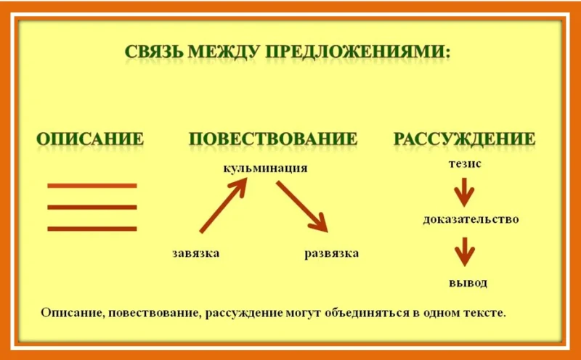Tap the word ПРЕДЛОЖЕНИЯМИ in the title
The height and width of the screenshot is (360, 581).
tap(358, 52)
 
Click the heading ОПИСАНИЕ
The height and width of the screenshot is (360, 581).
tap(90, 139)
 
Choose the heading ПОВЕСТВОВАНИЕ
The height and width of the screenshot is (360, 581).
tap(273, 139)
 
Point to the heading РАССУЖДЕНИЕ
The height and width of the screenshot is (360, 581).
tap(464, 139)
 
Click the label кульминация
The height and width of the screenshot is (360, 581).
tap(265, 168)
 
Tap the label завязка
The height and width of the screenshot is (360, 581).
tap(195, 253)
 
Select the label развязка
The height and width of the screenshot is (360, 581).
tap(332, 254)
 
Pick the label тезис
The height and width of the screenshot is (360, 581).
tap(465, 164)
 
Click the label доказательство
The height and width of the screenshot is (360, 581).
tap(471, 219)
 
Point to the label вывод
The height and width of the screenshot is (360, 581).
tap(468, 283)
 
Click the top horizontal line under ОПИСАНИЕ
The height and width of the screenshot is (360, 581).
tap(92, 186)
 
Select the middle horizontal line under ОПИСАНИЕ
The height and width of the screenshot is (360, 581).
tap(92, 207)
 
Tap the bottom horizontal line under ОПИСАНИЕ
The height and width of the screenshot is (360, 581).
tap(92, 229)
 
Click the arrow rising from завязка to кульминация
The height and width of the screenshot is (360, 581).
tap(223, 205)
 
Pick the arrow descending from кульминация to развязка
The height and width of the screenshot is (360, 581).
tap(302, 207)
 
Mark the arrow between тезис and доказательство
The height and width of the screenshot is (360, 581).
tap(464, 192)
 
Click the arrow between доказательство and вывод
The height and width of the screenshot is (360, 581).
tap(464, 251)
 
